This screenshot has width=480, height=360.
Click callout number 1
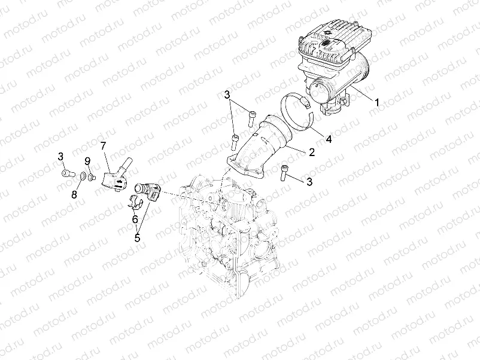click(x=377, y=102)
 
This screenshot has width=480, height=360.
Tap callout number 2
click(x=311, y=152)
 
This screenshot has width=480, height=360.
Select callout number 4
click(x=328, y=139)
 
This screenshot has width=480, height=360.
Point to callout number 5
click(x=137, y=237)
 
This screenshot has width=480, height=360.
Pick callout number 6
click(x=135, y=219)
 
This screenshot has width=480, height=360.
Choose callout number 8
click(x=75, y=194)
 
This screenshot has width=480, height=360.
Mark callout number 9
click(x=87, y=161)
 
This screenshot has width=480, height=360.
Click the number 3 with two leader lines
click(x=227, y=95)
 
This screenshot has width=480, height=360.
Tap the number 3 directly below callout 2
click(x=309, y=181)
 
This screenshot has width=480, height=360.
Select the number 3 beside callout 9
click(x=61, y=157)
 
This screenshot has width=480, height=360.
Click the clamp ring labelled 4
click(x=297, y=112)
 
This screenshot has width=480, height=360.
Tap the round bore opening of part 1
click(x=319, y=93)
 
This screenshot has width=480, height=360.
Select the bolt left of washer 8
click(x=66, y=174)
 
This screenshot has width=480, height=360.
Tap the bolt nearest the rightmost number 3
click(x=284, y=172)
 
